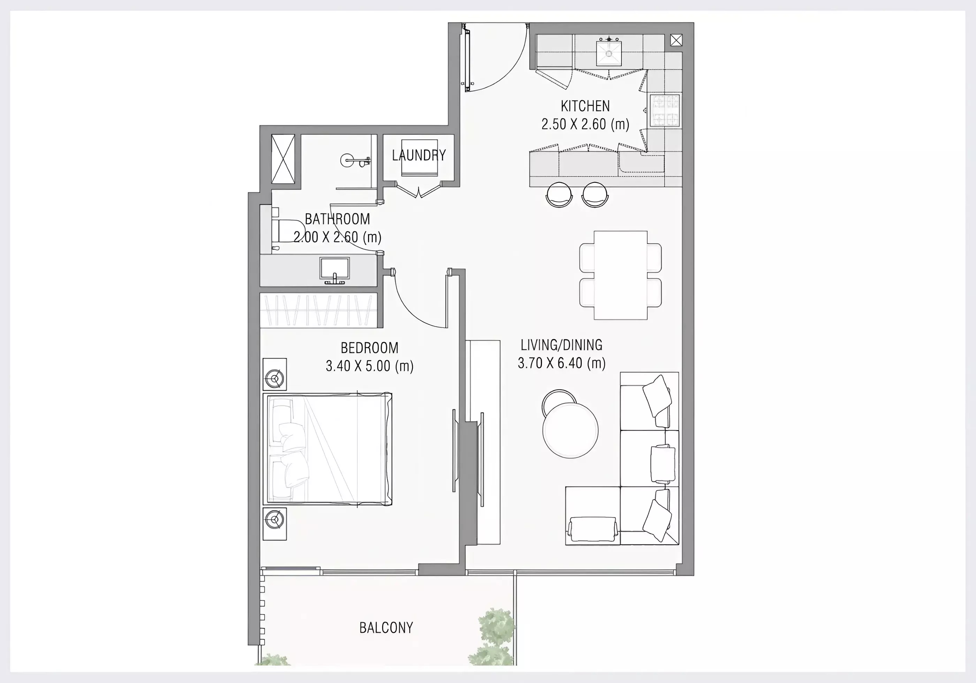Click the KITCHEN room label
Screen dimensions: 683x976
585,106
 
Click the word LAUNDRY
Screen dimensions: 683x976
419,155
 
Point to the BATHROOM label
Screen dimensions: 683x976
337,219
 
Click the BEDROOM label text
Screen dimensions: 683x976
369,348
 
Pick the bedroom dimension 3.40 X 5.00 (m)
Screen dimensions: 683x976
369,366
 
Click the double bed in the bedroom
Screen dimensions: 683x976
327,449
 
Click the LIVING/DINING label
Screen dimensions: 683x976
561,345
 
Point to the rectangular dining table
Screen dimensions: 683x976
620,275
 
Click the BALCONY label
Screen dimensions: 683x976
386,628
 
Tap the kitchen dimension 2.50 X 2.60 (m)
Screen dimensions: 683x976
585,124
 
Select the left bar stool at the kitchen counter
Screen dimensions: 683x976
559,195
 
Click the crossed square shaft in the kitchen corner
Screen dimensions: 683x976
676,40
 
